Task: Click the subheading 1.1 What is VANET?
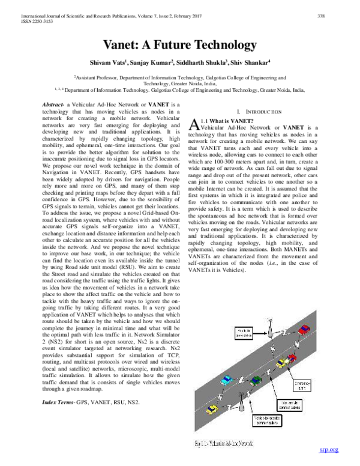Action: click(x=225, y=121)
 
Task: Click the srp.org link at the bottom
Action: click(x=329, y=450)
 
